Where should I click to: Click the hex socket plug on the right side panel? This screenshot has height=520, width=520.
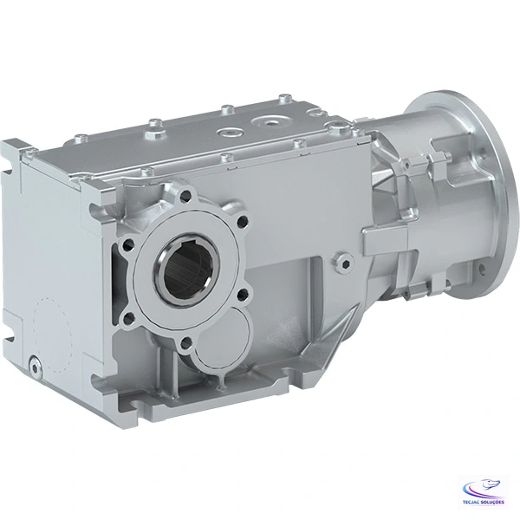coord(347,258)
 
